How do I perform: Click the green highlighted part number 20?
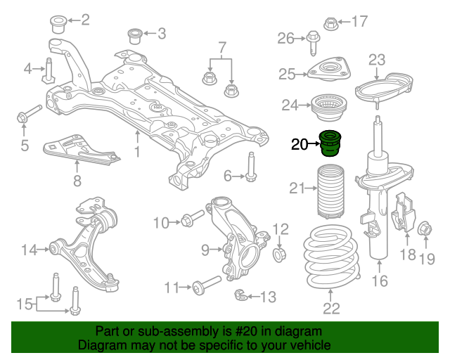tap(330, 143)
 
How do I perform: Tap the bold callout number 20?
tap(300, 144)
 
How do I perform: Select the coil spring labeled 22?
tap(331, 257)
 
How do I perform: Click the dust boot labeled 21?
tap(330, 191)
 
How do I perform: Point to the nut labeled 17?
tap(331, 24)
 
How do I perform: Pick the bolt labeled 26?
tap(313, 42)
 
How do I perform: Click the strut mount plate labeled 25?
tap(329, 70)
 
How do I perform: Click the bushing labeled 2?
tap(58, 25)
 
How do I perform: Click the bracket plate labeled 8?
tap(81, 150)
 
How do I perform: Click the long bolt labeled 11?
tap(207, 284)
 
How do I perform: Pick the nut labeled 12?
tap(279, 254)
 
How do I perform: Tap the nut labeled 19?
tap(425, 229)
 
